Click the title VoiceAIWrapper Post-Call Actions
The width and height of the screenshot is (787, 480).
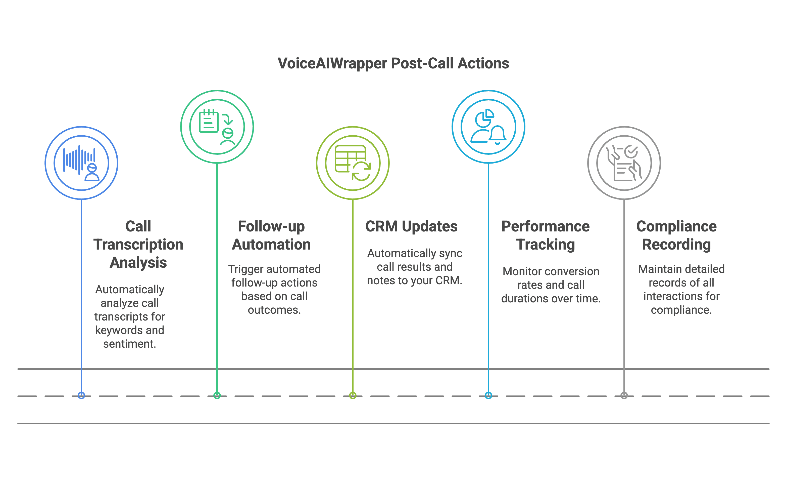(x=393, y=63)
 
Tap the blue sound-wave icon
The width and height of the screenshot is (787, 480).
(x=81, y=163)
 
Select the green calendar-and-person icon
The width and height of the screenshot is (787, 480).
(x=217, y=127)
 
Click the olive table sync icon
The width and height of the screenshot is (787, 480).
(x=353, y=163)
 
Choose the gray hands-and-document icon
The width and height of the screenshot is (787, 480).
(x=624, y=163)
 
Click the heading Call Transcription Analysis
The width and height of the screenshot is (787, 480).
(x=138, y=244)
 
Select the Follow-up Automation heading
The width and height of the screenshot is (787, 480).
(x=271, y=235)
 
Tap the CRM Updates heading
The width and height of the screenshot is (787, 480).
(x=411, y=226)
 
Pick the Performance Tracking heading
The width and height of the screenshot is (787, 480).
(x=546, y=235)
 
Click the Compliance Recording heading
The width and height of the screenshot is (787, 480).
(x=676, y=235)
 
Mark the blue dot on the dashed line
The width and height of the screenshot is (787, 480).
(x=81, y=395)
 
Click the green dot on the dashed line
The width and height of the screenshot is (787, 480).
(x=217, y=395)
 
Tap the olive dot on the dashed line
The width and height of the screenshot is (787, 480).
(x=353, y=395)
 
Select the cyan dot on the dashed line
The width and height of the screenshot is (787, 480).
(x=488, y=395)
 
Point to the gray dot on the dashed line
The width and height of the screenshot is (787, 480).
(x=624, y=395)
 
